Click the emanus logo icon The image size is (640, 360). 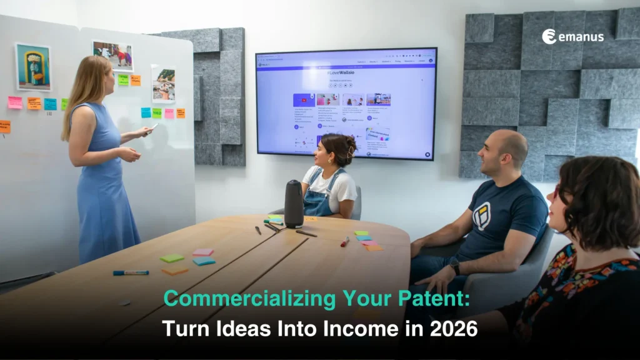[549, 36]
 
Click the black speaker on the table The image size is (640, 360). [294, 204]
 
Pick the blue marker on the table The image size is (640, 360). [131, 272]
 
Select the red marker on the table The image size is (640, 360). [345, 241]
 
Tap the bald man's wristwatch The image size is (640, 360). [455, 267]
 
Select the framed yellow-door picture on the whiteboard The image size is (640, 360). [33, 68]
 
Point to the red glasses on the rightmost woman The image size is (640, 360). [556, 194]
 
